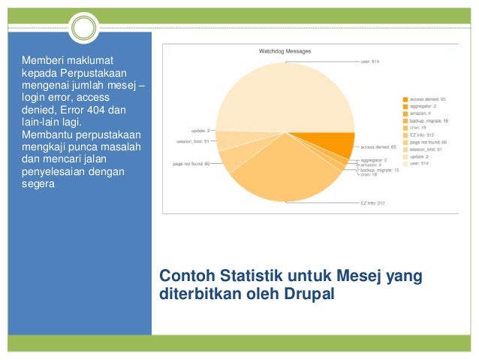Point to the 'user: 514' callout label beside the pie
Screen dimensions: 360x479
pos(371,62)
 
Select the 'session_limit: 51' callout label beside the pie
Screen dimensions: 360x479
pos(191,140)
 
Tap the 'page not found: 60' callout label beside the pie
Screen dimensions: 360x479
pos(191,163)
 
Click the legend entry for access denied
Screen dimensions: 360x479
pos(427,99)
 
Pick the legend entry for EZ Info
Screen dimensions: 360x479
pos(423,134)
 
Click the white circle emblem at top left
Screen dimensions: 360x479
pos(85,29)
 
